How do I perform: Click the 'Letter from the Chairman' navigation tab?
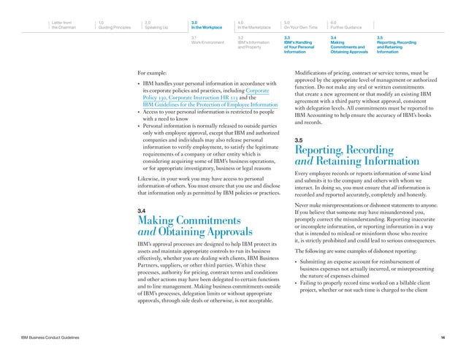pyautogui.click(x=65, y=25)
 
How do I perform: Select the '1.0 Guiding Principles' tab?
pyautogui.click(x=116, y=25)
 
